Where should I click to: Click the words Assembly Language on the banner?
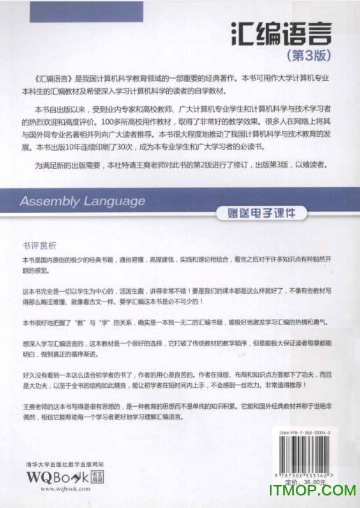[x=82, y=202]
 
